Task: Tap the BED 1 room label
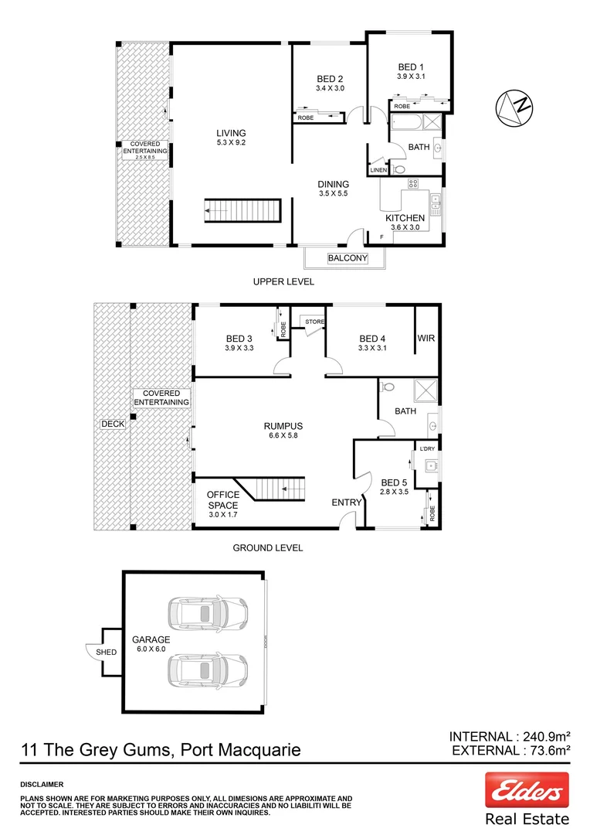tap(410, 66)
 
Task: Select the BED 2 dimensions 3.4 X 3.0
tap(330, 89)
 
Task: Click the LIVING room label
tap(231, 133)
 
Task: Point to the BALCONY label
tap(347, 258)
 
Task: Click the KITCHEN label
tap(405, 218)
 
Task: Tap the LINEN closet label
tap(378, 170)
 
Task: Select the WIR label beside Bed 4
tap(426, 339)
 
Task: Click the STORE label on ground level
tap(314, 322)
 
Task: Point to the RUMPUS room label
tap(283, 426)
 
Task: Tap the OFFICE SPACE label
tap(222, 500)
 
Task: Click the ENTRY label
tap(347, 503)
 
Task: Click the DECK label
tap(112, 424)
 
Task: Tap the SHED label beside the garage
tap(106, 653)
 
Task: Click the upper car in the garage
tap(207, 613)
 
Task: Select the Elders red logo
tap(527, 790)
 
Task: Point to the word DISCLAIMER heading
tap(42, 783)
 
